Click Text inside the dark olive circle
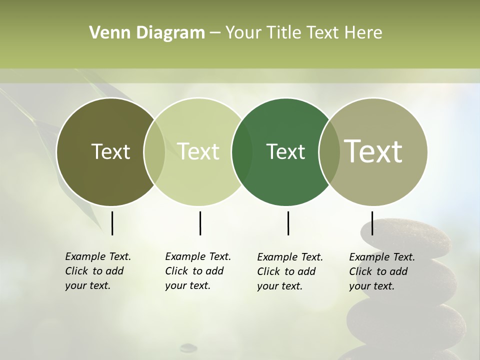[110, 151]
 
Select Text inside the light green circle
[198, 151]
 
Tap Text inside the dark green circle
[285, 151]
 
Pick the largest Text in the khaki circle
[373, 151]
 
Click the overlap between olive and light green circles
[154, 152]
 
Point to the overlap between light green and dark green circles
[242, 152]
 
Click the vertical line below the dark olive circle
[112, 223]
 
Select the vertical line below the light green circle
[200, 223]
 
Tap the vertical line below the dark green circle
[288, 223]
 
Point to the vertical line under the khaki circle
[372, 223]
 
